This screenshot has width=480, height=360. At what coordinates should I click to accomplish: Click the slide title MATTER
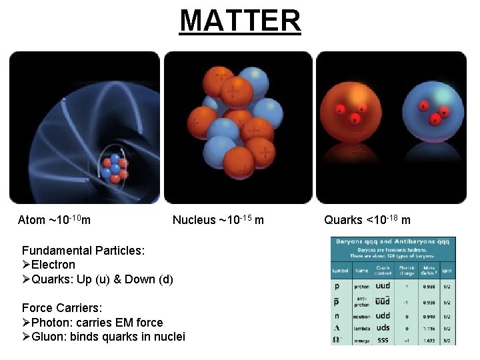tap(240, 20)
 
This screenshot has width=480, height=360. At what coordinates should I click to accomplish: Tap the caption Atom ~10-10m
tap(55, 220)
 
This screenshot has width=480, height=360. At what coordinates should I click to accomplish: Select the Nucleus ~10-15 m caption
tap(218, 220)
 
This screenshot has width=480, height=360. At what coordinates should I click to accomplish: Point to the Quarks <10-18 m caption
tap(367, 220)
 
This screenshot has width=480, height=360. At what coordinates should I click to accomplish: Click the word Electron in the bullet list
tap(53, 265)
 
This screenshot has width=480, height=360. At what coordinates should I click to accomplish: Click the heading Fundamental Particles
tap(83, 251)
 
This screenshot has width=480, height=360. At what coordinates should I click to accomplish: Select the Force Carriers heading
tap(62, 308)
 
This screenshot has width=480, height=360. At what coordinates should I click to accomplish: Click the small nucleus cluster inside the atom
tap(115, 168)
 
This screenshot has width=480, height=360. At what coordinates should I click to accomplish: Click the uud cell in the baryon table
tap(383, 285)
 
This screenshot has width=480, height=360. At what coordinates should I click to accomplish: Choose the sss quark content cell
tap(383, 339)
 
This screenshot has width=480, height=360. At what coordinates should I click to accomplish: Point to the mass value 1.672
tap(429, 340)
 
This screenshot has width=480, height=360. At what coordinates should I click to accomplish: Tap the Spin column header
tap(447, 271)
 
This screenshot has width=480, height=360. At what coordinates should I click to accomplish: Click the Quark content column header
tap(383, 271)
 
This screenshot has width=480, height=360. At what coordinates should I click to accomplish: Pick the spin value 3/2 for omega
tap(448, 340)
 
